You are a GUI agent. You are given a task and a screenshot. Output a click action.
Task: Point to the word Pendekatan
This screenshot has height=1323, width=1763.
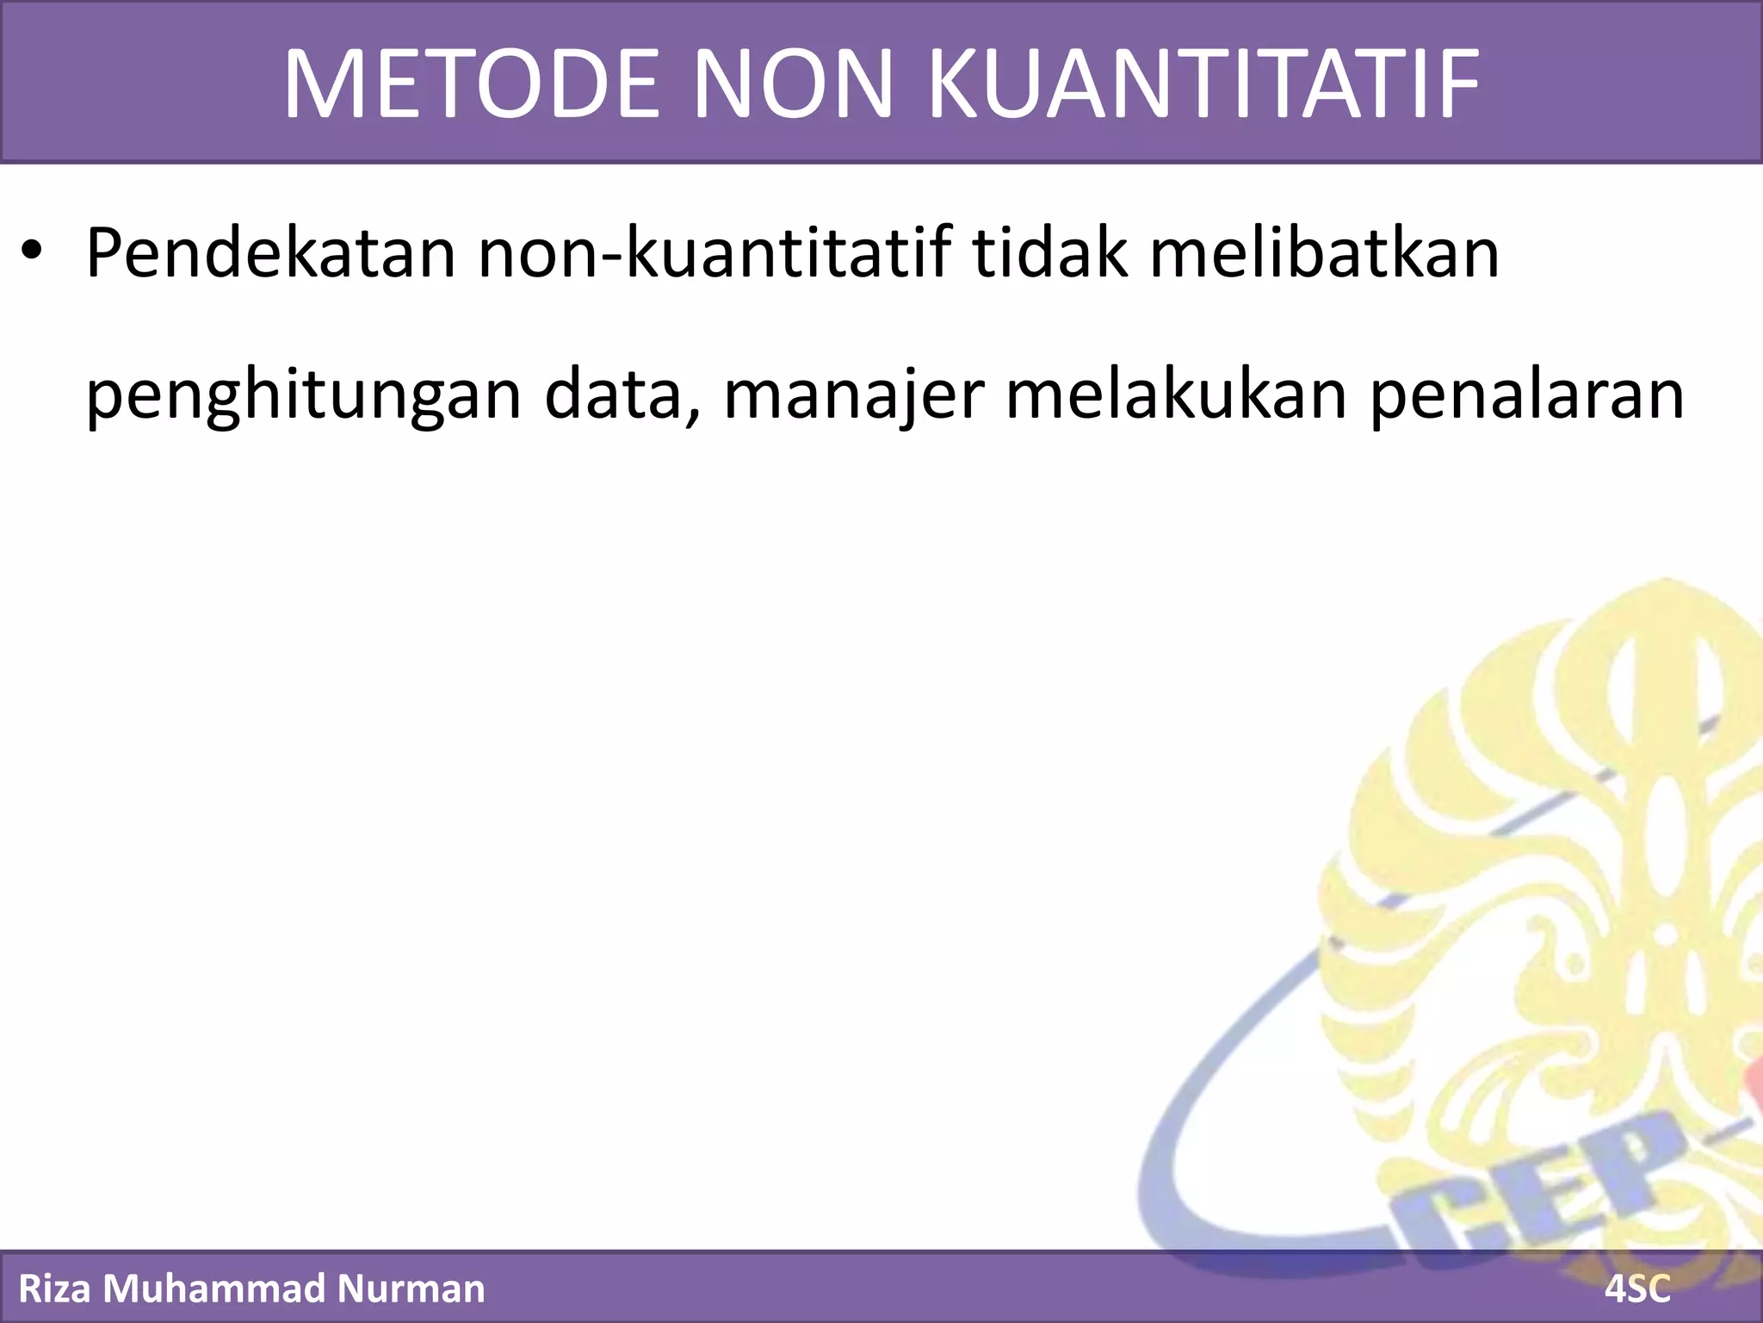(x=270, y=254)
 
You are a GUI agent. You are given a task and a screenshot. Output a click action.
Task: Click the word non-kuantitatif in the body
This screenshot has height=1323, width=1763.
(x=714, y=254)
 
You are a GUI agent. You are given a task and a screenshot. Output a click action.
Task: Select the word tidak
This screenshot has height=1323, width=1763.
(x=1049, y=254)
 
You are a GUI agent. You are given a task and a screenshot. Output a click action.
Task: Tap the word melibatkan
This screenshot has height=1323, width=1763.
(x=1324, y=254)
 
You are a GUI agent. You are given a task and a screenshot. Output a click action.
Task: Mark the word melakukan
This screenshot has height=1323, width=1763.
(x=1175, y=394)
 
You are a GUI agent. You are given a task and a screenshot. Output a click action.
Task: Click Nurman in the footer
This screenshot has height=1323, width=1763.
(x=411, y=1289)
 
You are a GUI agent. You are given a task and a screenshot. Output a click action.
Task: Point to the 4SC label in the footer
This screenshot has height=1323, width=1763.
(x=1637, y=1289)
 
